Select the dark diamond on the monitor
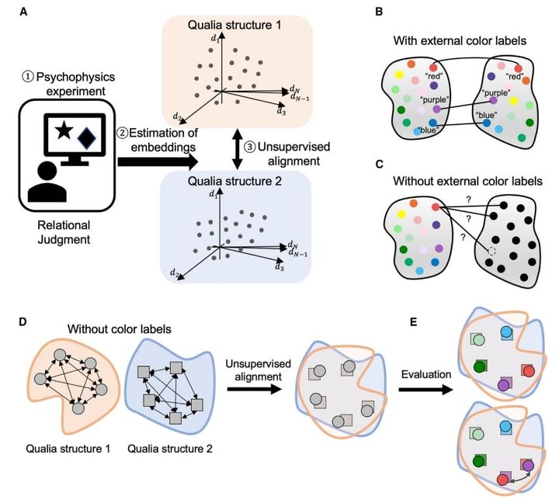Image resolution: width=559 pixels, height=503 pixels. pyautogui.click(x=88, y=140)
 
